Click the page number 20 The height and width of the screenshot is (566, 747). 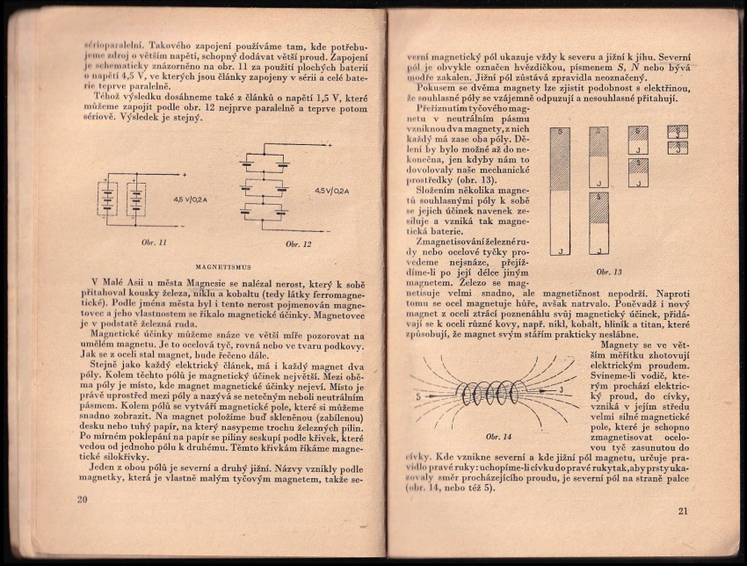coord(82,500)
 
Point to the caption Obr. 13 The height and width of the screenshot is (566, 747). coord(609,272)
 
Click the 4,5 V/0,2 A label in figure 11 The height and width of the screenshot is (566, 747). coord(192,200)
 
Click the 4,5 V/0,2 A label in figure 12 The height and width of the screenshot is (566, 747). coord(332,191)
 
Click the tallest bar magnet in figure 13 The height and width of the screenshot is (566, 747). coord(560,192)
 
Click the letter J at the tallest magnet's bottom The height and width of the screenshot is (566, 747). coord(560,250)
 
